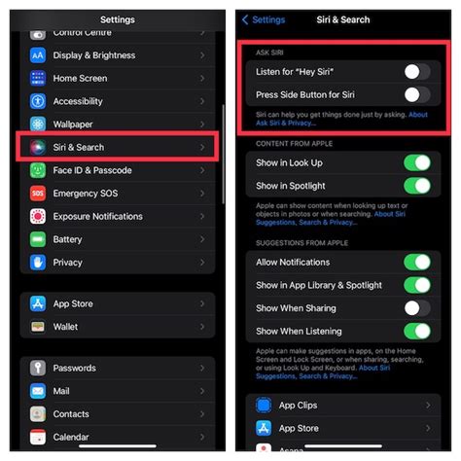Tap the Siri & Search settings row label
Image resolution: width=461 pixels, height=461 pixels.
click(x=79, y=147)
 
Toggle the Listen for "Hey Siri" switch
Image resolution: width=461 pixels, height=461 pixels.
click(x=416, y=71)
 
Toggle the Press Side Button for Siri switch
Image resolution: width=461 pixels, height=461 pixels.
click(x=416, y=94)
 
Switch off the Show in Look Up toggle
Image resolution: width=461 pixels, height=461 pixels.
click(x=416, y=163)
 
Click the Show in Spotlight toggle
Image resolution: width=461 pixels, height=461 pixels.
click(x=416, y=187)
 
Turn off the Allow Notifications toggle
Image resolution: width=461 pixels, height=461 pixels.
click(x=416, y=262)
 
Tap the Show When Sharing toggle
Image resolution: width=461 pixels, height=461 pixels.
click(x=416, y=308)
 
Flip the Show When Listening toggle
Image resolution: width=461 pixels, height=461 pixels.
click(x=416, y=332)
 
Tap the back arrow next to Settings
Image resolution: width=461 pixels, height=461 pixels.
click(x=246, y=19)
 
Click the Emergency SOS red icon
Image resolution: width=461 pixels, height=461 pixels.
click(x=38, y=194)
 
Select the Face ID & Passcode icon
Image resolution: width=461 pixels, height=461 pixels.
click(x=38, y=170)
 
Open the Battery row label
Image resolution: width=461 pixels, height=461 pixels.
click(x=67, y=239)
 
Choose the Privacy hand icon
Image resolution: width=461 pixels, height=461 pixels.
click(x=38, y=263)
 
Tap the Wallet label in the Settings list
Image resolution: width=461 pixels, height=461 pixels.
click(x=65, y=327)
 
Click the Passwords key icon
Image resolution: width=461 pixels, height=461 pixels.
click(x=38, y=368)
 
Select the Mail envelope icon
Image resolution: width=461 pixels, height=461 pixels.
click(x=38, y=391)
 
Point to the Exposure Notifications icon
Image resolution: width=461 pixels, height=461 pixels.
click(x=38, y=216)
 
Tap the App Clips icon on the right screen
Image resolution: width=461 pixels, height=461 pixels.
click(x=263, y=405)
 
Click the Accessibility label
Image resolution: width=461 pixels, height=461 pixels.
click(x=78, y=101)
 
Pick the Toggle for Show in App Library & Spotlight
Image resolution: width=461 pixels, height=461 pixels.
click(x=416, y=285)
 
